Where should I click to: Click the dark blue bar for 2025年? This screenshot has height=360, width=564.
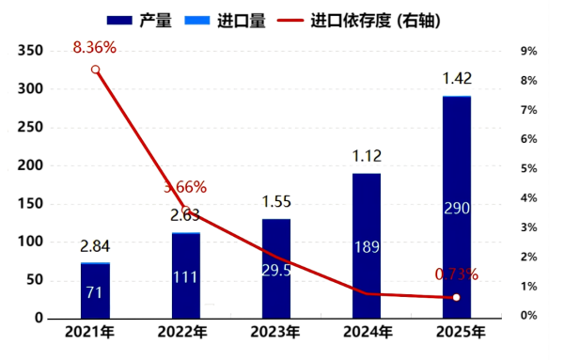(x=456, y=207)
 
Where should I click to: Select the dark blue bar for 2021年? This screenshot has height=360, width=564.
(x=95, y=291)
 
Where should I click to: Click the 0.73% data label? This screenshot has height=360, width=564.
(x=457, y=274)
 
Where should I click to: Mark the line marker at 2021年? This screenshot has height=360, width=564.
(x=96, y=70)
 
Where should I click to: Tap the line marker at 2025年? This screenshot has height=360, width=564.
(x=457, y=297)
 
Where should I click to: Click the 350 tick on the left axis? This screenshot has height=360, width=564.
(x=32, y=51)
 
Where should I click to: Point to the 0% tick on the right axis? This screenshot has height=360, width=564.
(x=529, y=316)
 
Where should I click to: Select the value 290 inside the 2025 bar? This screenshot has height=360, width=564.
(x=457, y=207)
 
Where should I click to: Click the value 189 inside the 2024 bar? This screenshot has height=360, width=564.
(x=367, y=246)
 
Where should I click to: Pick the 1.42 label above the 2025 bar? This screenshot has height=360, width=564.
(x=457, y=77)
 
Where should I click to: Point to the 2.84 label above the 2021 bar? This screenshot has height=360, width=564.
(x=97, y=246)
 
